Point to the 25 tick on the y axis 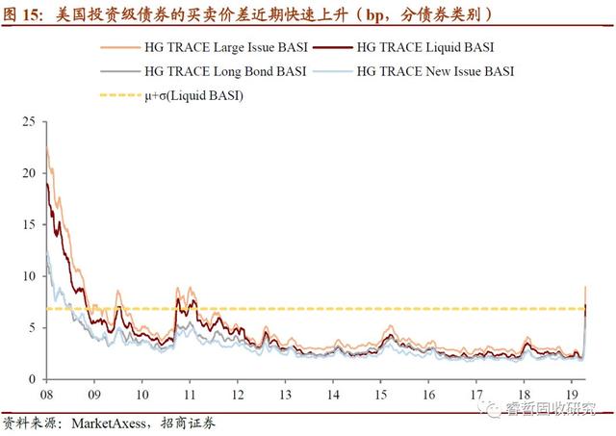[x=27, y=121]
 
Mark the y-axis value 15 [x=27, y=224]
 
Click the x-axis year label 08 [x=46, y=395]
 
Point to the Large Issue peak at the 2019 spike [x=586, y=287]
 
